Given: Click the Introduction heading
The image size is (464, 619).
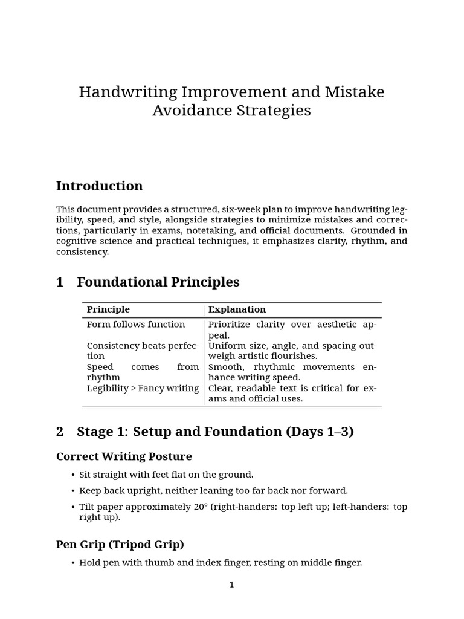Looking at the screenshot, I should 99,186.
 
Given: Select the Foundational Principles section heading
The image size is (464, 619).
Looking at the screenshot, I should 158,282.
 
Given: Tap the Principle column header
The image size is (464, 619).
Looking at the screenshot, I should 108,309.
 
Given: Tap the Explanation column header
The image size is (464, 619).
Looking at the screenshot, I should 237,309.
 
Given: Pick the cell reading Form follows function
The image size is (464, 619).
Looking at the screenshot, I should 136,325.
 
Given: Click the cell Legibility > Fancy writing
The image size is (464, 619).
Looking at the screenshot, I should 143,388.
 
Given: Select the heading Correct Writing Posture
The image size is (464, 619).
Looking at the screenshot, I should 124,456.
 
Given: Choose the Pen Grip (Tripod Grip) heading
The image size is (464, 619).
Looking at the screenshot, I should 120,544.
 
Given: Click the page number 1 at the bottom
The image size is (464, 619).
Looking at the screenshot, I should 231,585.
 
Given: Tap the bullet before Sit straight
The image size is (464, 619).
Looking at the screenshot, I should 73,475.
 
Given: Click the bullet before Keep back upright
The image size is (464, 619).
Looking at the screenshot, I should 73,491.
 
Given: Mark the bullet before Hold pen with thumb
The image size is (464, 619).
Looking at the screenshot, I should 73,563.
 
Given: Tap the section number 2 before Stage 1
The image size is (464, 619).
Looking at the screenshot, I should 60,432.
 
